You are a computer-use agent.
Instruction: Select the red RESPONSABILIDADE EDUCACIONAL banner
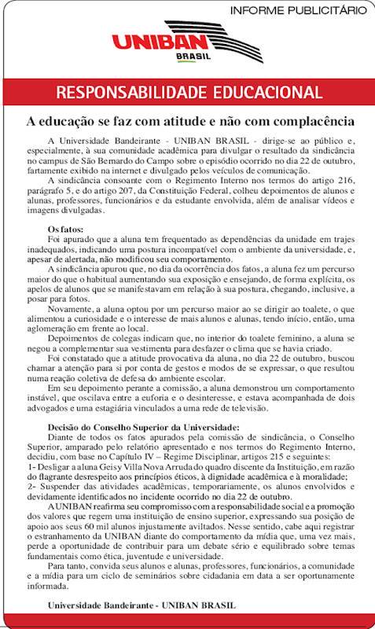188,92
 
